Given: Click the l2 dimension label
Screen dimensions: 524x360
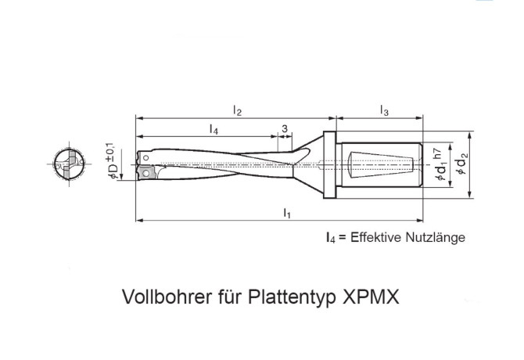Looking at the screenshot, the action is pyautogui.click(x=237, y=110).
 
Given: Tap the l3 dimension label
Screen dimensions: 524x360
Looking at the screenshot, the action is pyautogui.click(x=384, y=110).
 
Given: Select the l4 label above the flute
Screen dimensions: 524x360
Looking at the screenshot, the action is pyautogui.click(x=214, y=129).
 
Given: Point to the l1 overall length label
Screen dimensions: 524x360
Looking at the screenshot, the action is pyautogui.click(x=287, y=213).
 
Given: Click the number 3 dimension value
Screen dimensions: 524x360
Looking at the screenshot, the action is pyautogui.click(x=285, y=128).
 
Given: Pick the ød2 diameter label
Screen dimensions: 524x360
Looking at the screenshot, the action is pyautogui.click(x=462, y=163).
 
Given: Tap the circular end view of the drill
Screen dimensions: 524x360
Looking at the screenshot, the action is pyautogui.click(x=69, y=164).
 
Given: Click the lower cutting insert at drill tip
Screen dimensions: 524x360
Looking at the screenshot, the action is pyautogui.click(x=145, y=172).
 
